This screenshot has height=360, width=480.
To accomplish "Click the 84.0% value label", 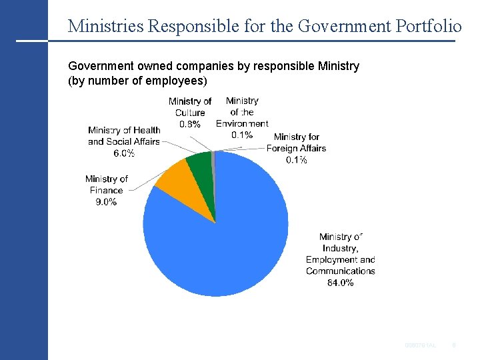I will pos(340,283).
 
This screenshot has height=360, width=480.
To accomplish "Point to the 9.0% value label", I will pos(106,202).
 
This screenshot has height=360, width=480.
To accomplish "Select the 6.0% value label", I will pos(124,153).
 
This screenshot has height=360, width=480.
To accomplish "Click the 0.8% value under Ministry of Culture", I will pos(190,124).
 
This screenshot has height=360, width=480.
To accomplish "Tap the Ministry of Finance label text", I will pos(106,185).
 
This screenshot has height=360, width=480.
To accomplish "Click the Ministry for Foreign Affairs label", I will pos(297,143).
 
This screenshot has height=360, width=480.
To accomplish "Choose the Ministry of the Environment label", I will pos(242,112).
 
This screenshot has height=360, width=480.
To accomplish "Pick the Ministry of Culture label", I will pos(190,107).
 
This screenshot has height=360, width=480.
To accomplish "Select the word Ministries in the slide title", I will pos(105,26).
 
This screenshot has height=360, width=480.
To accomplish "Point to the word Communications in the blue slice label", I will pos(340,271).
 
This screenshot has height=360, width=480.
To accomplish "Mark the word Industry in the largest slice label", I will pos(340,248).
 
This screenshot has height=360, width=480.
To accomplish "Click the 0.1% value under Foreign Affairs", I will pos(297,160).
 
